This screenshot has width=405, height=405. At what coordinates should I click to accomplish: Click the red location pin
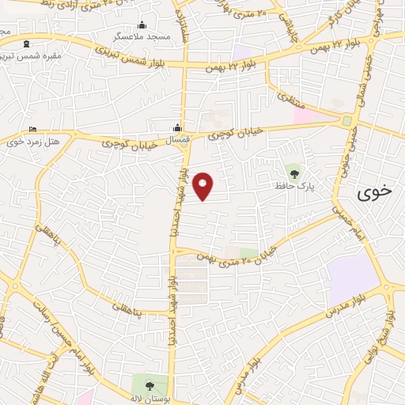pyautogui.click(x=204, y=186)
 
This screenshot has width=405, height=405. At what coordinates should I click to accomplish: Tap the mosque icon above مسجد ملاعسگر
pyautogui.click(x=142, y=25)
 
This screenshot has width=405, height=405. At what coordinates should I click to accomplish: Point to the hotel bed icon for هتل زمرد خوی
pyautogui.click(x=32, y=130)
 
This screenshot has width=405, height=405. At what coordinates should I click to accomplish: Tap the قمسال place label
pyautogui.click(x=178, y=139)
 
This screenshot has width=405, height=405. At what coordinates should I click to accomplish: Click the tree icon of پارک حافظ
pyautogui.click(x=294, y=173)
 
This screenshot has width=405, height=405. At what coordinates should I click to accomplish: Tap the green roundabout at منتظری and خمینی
pyautogui.click(x=347, y=121)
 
